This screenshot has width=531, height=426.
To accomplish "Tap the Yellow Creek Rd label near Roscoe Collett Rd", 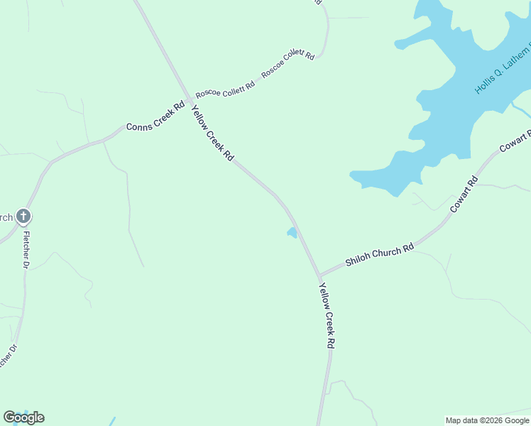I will coord(212,133).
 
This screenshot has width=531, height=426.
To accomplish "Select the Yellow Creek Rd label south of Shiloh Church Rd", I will coord(327,315).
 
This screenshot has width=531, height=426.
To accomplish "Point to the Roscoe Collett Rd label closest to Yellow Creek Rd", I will coord(225,89).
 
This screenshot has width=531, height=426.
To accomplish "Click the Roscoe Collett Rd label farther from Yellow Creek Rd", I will coord(288,64).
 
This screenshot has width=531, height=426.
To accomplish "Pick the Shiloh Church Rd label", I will coord(379,256).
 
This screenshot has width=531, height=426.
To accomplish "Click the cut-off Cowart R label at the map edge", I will coord(515,141).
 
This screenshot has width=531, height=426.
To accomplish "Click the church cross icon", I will coord(23,216).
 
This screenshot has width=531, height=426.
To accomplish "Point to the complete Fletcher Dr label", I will coord(26,249).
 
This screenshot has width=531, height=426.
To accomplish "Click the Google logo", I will coord(23,417).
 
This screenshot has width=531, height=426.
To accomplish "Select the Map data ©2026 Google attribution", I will coord(487,420).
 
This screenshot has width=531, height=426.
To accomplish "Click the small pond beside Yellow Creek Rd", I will coord(291,232).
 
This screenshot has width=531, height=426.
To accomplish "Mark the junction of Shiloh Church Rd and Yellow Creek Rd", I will coord(319,275).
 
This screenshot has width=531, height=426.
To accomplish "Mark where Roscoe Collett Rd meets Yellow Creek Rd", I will coord(189,97).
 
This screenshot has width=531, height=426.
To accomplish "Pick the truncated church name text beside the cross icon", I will coord(6,217).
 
